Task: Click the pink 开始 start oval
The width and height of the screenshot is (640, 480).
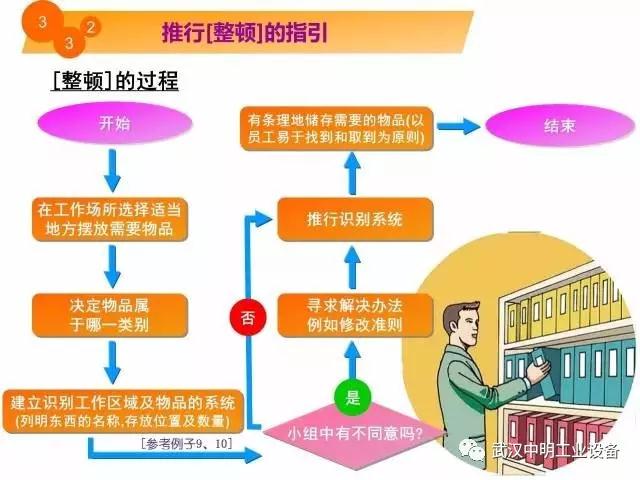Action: pyautogui.click(x=113, y=126)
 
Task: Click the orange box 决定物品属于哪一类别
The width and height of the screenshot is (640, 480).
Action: pyautogui.click(x=112, y=310)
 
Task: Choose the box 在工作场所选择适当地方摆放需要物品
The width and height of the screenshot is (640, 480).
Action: pyautogui.click(x=112, y=220)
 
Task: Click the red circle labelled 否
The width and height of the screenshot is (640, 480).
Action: pyautogui.click(x=247, y=319)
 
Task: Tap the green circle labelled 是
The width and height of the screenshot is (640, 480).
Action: pyautogui.click(x=351, y=396)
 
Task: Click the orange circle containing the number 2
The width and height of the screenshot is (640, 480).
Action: pyautogui.click(x=91, y=26)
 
